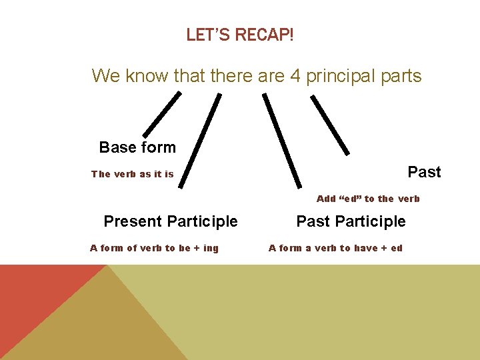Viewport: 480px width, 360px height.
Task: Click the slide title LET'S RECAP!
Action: [239, 35]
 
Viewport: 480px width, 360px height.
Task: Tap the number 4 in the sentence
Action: [296, 76]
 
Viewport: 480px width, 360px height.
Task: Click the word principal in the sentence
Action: [341, 76]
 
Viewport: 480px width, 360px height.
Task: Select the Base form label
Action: [137, 147]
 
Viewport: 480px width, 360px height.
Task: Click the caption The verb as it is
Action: [132, 174]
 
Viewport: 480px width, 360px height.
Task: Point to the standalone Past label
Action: [424, 172]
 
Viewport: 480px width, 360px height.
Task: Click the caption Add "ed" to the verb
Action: [368, 199]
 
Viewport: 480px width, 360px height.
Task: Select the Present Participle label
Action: [171, 221]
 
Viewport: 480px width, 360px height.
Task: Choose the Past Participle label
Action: [351, 221]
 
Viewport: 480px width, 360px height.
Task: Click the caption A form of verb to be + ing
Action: [154, 248]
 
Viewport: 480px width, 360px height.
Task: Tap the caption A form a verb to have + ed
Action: [335, 248]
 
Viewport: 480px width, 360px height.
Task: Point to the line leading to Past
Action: [330, 124]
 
